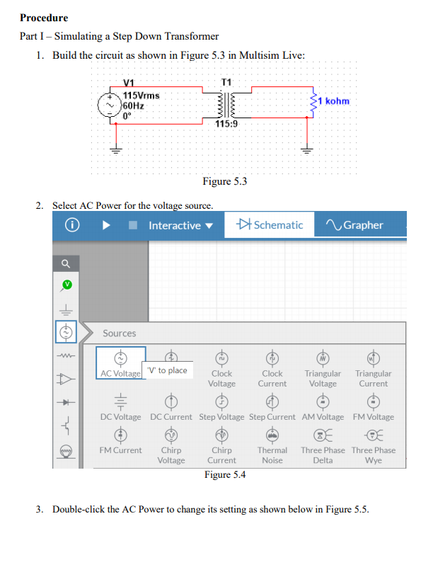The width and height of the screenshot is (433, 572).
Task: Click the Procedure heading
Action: pyautogui.click(x=44, y=18)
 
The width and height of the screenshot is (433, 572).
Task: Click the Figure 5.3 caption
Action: pyautogui.click(x=224, y=182)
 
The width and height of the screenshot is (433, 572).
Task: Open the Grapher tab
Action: pyautogui.click(x=355, y=225)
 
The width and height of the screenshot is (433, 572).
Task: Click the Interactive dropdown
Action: pyautogui.click(x=180, y=225)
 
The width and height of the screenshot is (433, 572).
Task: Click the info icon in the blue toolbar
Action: pyautogui.click(x=71, y=225)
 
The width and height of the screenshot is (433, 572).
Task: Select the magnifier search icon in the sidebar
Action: pyautogui.click(x=66, y=263)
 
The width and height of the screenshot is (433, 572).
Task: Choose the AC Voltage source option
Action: pyautogui.click(x=120, y=363)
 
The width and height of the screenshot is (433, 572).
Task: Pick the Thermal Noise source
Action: pyautogui.click(x=272, y=445)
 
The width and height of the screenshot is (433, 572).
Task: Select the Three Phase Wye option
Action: pyautogui.click(x=373, y=445)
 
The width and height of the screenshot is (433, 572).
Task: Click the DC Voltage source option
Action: pyautogui.click(x=120, y=407)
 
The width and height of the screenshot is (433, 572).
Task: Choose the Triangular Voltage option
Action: pyautogui.click(x=323, y=368)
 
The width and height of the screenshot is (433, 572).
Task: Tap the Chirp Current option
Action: pyautogui.click(x=221, y=445)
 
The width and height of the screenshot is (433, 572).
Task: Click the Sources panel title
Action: pyautogui.click(x=120, y=333)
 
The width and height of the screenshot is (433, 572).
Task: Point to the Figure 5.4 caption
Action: pyautogui.click(x=224, y=474)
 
